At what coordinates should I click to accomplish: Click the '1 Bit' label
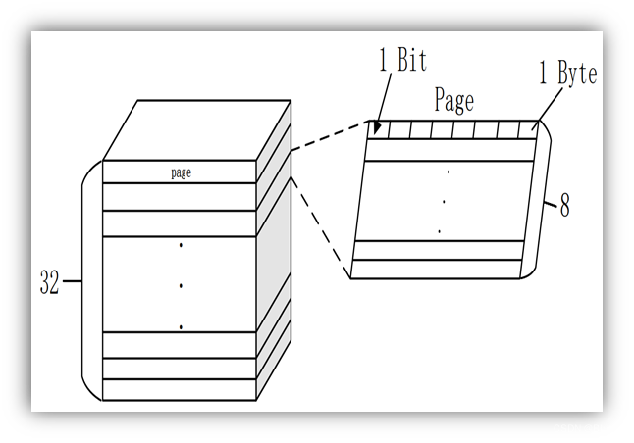tap(402, 61)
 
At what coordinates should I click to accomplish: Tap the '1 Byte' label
tap(567, 73)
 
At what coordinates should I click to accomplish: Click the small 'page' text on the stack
tap(181, 172)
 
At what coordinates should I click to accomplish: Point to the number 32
tap(50, 283)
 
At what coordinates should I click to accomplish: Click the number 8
tap(564, 207)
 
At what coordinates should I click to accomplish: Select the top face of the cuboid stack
tap(196, 129)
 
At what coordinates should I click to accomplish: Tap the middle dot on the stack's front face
tap(181, 286)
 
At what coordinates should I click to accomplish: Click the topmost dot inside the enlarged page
tap(448, 172)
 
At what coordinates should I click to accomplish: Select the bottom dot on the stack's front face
tap(181, 326)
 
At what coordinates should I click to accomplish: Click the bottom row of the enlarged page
tap(437, 269)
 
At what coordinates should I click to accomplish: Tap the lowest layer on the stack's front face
tap(180, 389)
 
